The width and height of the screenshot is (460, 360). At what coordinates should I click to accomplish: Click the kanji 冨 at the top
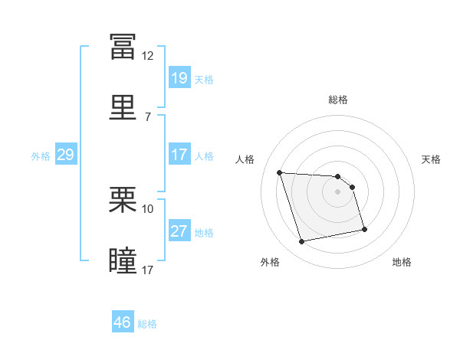click(123, 47)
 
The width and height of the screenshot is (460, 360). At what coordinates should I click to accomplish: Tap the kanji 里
click(123, 107)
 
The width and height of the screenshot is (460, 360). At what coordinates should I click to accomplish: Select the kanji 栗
click(123, 199)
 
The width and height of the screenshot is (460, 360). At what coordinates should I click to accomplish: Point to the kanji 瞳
click(123, 260)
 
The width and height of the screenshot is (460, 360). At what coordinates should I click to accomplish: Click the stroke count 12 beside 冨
click(147, 56)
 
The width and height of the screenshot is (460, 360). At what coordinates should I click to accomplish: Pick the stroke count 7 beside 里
click(148, 117)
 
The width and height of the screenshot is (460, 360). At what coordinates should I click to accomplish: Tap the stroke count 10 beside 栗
click(147, 209)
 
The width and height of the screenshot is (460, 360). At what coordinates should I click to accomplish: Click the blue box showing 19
click(179, 77)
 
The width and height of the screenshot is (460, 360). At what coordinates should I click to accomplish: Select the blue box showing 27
click(179, 230)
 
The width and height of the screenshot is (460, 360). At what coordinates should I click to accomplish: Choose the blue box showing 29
click(66, 154)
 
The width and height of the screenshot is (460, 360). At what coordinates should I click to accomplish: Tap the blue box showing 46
click(123, 321)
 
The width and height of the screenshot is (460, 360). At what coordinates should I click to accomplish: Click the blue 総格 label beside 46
click(147, 324)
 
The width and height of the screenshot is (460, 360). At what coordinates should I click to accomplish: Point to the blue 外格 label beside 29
click(41, 156)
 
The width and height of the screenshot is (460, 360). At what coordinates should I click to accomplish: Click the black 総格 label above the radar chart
click(338, 100)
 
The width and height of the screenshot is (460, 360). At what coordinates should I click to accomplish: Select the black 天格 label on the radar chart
click(431, 159)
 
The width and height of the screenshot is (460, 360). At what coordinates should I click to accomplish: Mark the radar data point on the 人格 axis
click(280, 172)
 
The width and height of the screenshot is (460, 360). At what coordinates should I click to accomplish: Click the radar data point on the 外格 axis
click(301, 241)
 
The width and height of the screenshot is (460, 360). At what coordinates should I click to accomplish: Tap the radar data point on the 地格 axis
click(364, 229)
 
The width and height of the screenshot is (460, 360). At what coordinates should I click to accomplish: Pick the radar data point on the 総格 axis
click(337, 176)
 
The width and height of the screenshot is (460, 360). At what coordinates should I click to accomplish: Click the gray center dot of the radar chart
click(337, 191)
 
